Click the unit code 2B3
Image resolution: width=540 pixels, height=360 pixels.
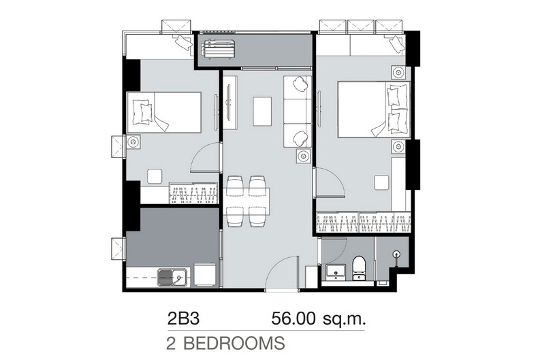pyautogui.click(x=183, y=318)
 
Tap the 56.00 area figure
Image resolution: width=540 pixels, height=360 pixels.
pyautogui.click(x=293, y=318)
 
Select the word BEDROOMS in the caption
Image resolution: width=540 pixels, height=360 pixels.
pyautogui.click(x=234, y=343)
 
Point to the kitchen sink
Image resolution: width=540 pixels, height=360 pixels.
pyautogui.click(x=172, y=278)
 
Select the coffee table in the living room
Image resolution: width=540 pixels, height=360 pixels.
pyautogui.click(x=262, y=111)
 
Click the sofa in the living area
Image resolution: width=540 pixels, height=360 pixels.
pyautogui.click(x=297, y=112)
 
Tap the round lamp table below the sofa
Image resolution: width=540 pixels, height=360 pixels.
pyautogui.click(x=303, y=156)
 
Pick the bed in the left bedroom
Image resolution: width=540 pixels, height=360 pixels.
pyautogui.click(x=164, y=112)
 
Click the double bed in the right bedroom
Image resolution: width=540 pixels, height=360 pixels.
pyautogui.click(x=374, y=110)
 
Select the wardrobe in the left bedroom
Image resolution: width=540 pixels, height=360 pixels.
pyautogui.click(x=193, y=193)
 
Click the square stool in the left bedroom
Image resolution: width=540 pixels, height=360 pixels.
pyautogui.click(x=155, y=176)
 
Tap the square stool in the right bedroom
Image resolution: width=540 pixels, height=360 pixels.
pyautogui.click(x=382, y=182)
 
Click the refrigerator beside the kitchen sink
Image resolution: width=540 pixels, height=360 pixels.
pyautogui.click(x=205, y=274)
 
